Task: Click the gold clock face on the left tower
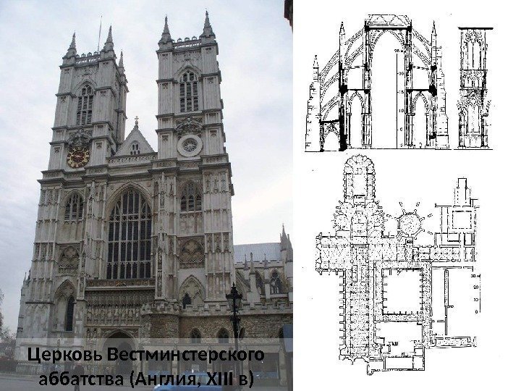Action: click(x=77, y=156)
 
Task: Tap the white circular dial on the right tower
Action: click(x=189, y=146)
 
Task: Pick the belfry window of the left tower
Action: click(x=85, y=105)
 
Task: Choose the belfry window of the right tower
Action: click(x=189, y=91)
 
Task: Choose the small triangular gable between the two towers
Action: click(x=135, y=143)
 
